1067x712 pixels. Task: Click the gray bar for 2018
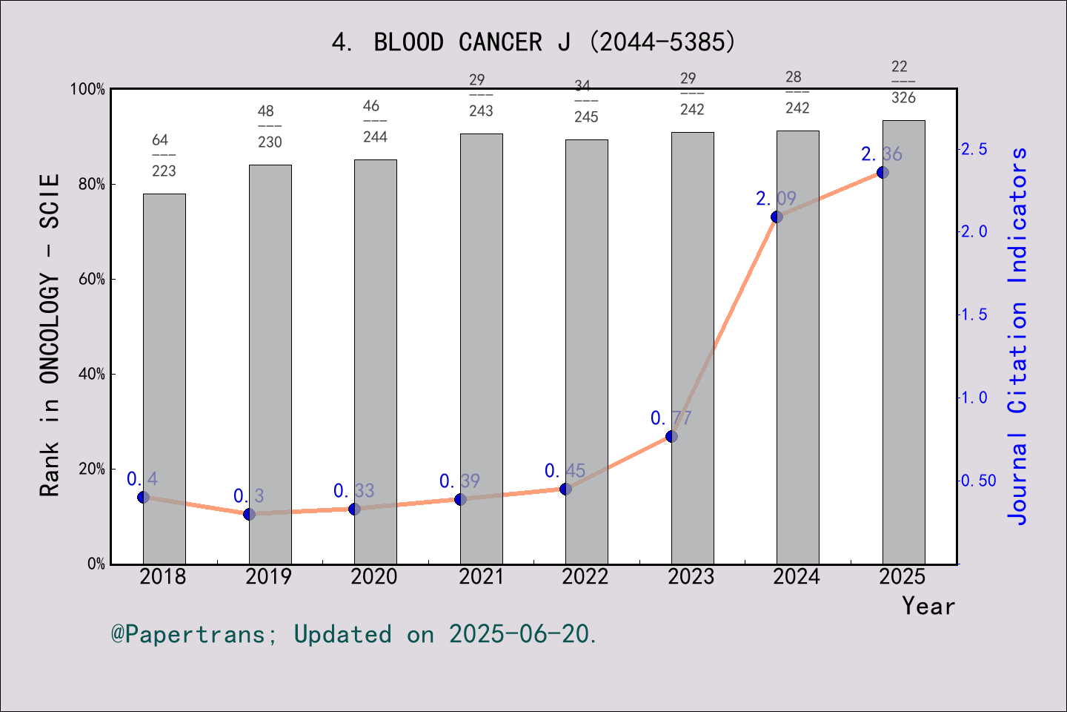pyautogui.click(x=164, y=378)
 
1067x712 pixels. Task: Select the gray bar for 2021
pyautogui.click(x=481, y=349)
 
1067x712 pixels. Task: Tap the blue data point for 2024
pyautogui.click(x=777, y=217)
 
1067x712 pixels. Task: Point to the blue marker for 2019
pyautogui.click(x=249, y=514)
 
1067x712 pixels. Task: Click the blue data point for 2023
pyautogui.click(x=671, y=436)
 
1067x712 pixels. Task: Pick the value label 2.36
pyautogui.click(x=881, y=154)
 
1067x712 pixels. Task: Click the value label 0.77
pyautogui.click(x=671, y=418)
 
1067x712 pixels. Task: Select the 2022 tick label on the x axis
pyautogui.click(x=585, y=576)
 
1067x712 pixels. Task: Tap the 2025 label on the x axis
pyautogui.click(x=903, y=576)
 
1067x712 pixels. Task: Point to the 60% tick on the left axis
pyautogui.click(x=92, y=280)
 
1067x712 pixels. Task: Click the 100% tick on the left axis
pyautogui.click(x=88, y=90)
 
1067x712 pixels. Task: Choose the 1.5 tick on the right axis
pyautogui.click(x=974, y=314)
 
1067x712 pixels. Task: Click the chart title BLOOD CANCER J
pyautogui.click(x=533, y=42)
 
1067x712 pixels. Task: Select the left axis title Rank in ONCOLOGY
pyautogui.click(x=50, y=335)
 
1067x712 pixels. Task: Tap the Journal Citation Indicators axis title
pyautogui.click(x=1018, y=335)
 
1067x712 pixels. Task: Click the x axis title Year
pyautogui.click(x=928, y=606)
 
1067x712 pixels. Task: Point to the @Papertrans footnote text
pyautogui.click(x=354, y=634)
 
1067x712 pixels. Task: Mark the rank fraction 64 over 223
pyautogui.click(x=163, y=156)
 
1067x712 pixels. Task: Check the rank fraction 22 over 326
pyautogui.click(x=903, y=82)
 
